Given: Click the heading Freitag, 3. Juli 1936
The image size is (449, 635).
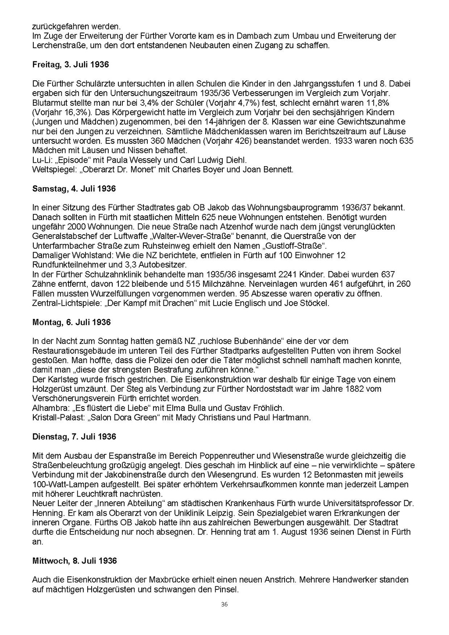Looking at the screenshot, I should pos(71,64).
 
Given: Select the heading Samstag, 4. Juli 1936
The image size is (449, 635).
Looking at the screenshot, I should pos(74,189).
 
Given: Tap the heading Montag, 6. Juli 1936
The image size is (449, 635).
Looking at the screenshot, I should pos(71,322).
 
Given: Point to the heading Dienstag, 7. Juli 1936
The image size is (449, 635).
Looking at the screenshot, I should pos(74,436).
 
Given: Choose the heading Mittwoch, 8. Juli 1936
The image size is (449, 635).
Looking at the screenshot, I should pos(75,561).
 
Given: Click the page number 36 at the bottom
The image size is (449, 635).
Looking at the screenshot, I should pos(224,604).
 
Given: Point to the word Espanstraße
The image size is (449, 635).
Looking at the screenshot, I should pos(118,456).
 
